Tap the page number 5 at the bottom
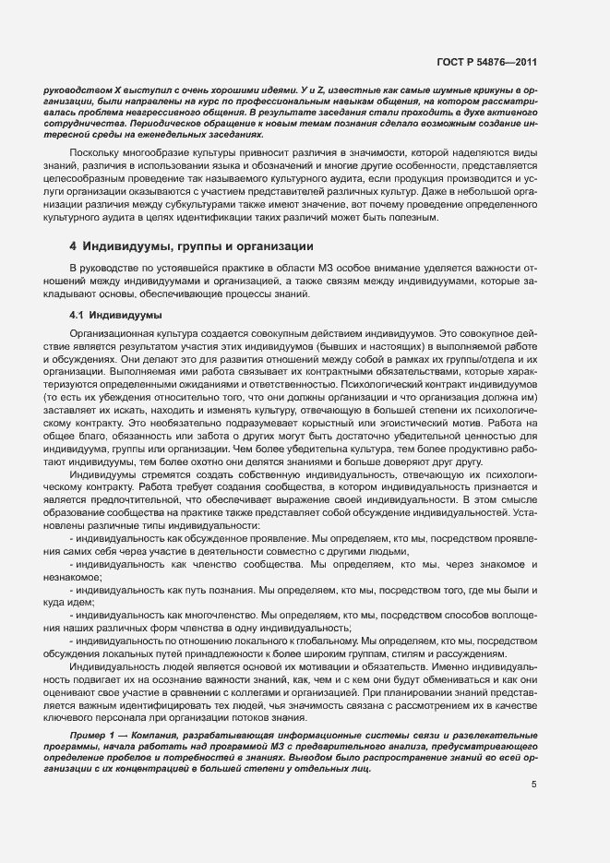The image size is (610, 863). point(534,785)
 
